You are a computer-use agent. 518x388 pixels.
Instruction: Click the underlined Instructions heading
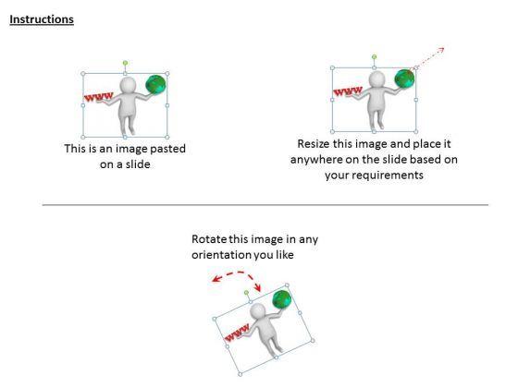point(42,19)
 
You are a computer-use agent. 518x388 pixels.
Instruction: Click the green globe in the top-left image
point(155,84)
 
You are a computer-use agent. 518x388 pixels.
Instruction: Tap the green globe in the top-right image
point(404,79)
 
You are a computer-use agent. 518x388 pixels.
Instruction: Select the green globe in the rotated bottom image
point(282,299)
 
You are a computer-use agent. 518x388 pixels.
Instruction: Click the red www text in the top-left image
point(98,97)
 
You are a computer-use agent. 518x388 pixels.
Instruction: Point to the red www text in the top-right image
point(348,91)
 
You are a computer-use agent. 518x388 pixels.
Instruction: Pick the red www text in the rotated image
point(237,333)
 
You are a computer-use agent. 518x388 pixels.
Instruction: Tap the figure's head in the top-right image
point(376,79)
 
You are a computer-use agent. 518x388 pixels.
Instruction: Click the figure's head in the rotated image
point(258,311)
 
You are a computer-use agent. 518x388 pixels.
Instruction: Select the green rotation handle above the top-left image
point(125,63)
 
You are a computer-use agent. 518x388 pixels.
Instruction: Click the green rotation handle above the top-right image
point(374,57)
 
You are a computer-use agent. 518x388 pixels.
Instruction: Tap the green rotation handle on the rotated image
point(246,293)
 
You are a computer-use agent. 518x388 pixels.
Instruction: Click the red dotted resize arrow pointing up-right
point(430,57)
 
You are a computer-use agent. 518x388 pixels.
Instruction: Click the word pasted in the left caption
point(167,149)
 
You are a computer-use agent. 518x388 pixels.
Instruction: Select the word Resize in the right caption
point(314,144)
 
